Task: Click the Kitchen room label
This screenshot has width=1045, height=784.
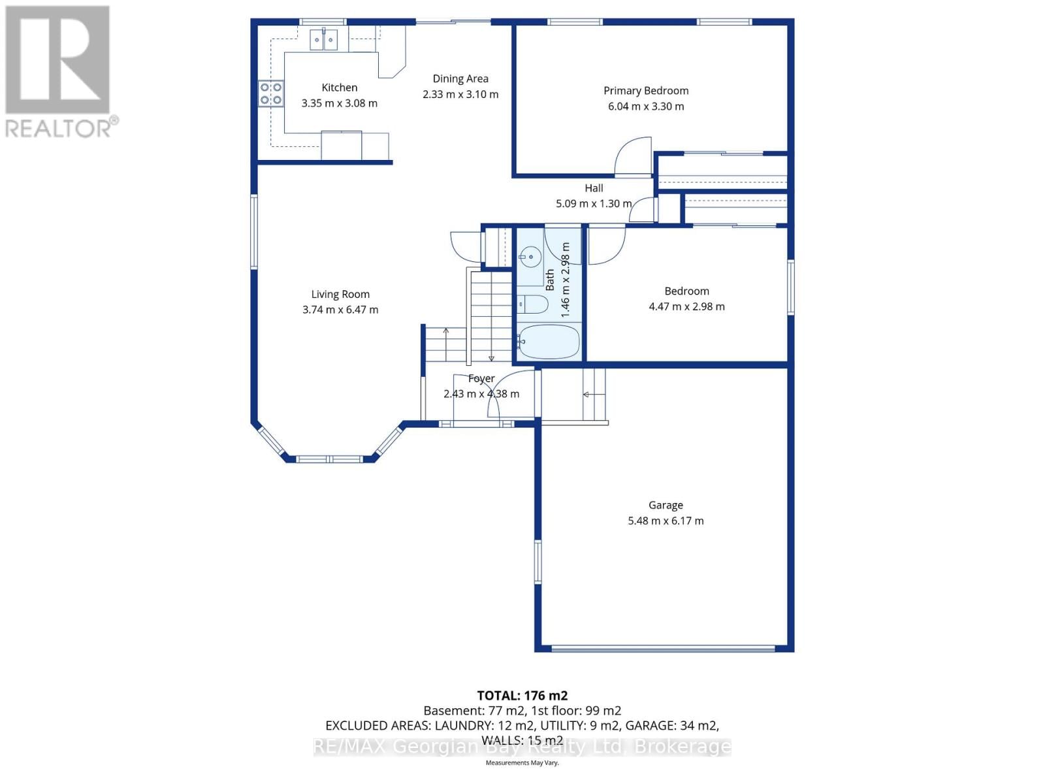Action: click(339, 88)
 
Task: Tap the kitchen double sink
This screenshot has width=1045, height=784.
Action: click(324, 41)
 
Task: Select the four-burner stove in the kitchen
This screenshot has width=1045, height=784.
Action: click(271, 93)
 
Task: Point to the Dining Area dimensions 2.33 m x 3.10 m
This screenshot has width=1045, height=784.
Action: click(460, 95)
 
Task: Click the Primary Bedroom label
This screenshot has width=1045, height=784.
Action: click(646, 91)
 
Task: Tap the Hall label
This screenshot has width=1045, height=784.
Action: click(594, 188)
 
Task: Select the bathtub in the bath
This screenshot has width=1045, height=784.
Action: click(549, 342)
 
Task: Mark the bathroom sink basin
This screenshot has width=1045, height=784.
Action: click(531, 255)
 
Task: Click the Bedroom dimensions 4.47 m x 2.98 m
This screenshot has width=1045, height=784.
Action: click(686, 306)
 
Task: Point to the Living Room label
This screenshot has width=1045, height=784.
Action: click(340, 295)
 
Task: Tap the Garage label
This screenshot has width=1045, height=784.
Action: click(666, 505)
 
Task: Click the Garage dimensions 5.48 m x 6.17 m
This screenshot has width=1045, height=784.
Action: click(666, 521)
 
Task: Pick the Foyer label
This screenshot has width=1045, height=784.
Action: click(481, 379)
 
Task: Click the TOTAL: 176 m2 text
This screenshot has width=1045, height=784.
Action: click(522, 696)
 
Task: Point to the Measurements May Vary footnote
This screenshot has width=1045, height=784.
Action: click(522, 762)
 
